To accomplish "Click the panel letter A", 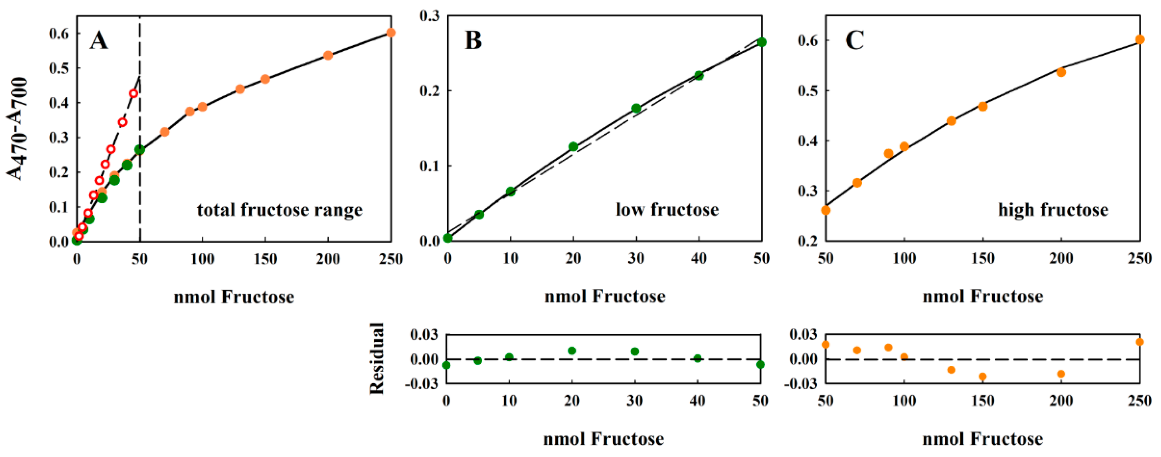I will (99, 41).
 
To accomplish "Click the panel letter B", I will (473, 40).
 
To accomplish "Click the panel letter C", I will (854, 40).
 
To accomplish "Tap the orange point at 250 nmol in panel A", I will (391, 32).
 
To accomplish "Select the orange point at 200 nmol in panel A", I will (328, 55).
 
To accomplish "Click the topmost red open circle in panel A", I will (133, 94).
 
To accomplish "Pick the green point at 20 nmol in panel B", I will (573, 146).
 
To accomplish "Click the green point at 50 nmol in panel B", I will (762, 42).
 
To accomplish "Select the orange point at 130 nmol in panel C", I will (951, 121).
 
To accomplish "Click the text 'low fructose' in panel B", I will (667, 209).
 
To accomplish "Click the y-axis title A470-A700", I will (18, 129).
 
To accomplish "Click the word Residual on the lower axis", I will (377, 358).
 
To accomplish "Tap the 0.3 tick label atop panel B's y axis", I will (430, 16).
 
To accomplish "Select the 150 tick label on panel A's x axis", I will (265, 259).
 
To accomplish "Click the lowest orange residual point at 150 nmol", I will (982, 376).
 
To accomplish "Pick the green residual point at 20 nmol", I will (572, 351).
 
